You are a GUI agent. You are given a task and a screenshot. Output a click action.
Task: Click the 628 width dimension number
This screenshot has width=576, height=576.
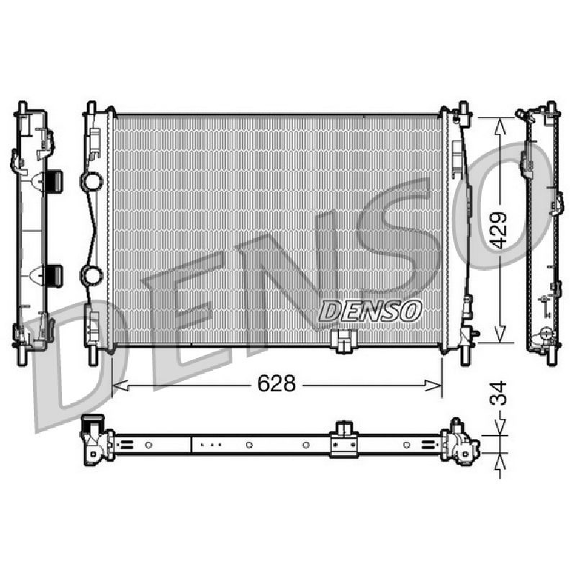pos(276,384)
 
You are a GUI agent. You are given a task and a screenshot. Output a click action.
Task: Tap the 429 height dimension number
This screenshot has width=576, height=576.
pos(499,230)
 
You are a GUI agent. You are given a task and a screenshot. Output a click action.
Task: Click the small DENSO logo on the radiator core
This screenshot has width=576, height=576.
pos(370,311)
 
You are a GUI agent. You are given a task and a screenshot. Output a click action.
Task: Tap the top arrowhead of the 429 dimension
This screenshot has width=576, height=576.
pos(500,125)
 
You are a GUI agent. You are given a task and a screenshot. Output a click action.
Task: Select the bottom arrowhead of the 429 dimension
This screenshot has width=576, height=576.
pos(500,335)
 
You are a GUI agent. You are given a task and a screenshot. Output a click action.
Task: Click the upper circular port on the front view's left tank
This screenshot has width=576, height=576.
pos(91,181)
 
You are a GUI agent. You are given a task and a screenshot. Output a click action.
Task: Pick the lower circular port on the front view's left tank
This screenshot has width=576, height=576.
pos(91,275)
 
